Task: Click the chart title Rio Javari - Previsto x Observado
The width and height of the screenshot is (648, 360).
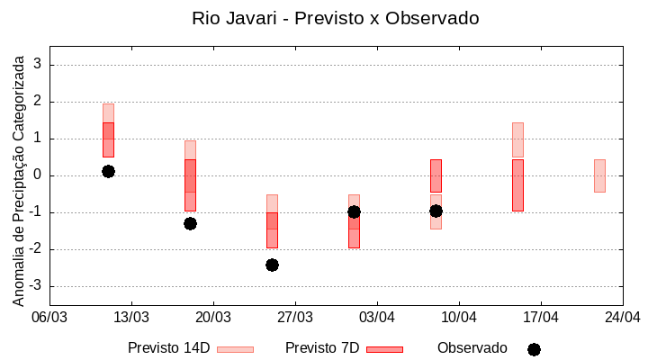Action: pyautogui.click(x=335, y=18)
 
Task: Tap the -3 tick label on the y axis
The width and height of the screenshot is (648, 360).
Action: pyautogui.click(x=36, y=286)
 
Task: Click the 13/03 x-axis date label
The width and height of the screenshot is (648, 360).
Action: pyautogui.click(x=131, y=317)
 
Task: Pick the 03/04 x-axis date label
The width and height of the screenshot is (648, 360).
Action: pyautogui.click(x=377, y=317)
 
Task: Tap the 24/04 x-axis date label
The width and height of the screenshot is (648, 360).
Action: pyautogui.click(x=623, y=317)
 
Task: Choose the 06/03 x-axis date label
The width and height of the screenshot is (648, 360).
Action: pyautogui.click(x=49, y=317)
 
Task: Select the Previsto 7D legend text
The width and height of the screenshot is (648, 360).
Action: pyautogui.click(x=322, y=348)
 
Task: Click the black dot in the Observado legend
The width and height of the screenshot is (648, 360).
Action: pyautogui.click(x=534, y=349)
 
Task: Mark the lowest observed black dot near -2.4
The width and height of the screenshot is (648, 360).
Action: pyautogui.click(x=272, y=265)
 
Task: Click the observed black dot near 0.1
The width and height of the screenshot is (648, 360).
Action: pyautogui.click(x=108, y=171)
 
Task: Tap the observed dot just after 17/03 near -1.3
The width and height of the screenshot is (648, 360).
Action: pyautogui.click(x=190, y=223)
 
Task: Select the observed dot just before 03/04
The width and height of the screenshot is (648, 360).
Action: pyautogui.click(x=354, y=211)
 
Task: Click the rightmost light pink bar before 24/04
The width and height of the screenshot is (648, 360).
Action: pyautogui.click(x=599, y=175)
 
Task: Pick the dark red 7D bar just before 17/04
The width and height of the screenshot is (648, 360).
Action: pyautogui.click(x=517, y=185)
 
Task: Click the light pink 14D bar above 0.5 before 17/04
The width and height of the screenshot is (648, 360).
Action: pyautogui.click(x=517, y=139)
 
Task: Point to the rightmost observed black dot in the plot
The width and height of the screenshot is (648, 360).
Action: pyautogui.click(x=436, y=211)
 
